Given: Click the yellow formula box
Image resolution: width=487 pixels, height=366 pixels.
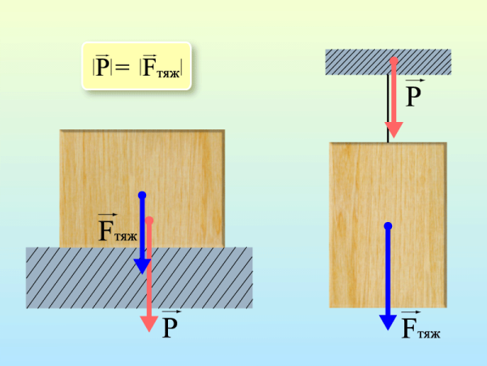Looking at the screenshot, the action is pos(136,66).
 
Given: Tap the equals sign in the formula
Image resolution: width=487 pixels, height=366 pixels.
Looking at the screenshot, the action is pos(122,67).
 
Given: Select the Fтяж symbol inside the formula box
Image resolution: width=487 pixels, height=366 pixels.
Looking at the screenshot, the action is pos(161,66).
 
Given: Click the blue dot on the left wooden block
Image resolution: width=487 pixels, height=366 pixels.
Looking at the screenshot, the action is pos(142,195).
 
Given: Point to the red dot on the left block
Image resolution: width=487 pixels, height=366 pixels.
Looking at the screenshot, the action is pos(149,220).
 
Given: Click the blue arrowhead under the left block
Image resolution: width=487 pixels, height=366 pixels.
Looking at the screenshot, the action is pos(142,267).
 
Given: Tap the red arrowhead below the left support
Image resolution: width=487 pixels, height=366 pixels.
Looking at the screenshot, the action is pos(149,324).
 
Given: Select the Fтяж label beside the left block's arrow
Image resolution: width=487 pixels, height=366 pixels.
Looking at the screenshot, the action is pos(118,228).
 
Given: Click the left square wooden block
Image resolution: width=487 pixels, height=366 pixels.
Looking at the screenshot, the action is pos(142,189).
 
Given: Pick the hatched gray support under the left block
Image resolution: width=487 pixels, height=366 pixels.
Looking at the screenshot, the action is pos(139,277).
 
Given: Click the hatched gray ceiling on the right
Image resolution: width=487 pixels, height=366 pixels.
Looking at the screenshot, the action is pos(388,62).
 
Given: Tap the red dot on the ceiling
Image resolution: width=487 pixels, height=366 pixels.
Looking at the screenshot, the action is pos(394,61).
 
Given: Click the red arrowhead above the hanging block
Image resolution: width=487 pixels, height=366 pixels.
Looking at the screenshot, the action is pos(394,130).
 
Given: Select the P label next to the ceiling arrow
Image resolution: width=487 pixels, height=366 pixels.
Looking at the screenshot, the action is pos(414,93).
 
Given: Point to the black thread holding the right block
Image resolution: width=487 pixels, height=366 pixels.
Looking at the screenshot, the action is pos(388,108).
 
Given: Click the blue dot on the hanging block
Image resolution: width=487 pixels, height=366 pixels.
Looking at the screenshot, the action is pos(388,226).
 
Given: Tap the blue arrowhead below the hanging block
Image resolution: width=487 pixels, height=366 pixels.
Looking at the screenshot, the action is pos(388,322).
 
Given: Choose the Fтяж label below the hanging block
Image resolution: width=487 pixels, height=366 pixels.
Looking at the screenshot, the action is pos(420,325).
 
